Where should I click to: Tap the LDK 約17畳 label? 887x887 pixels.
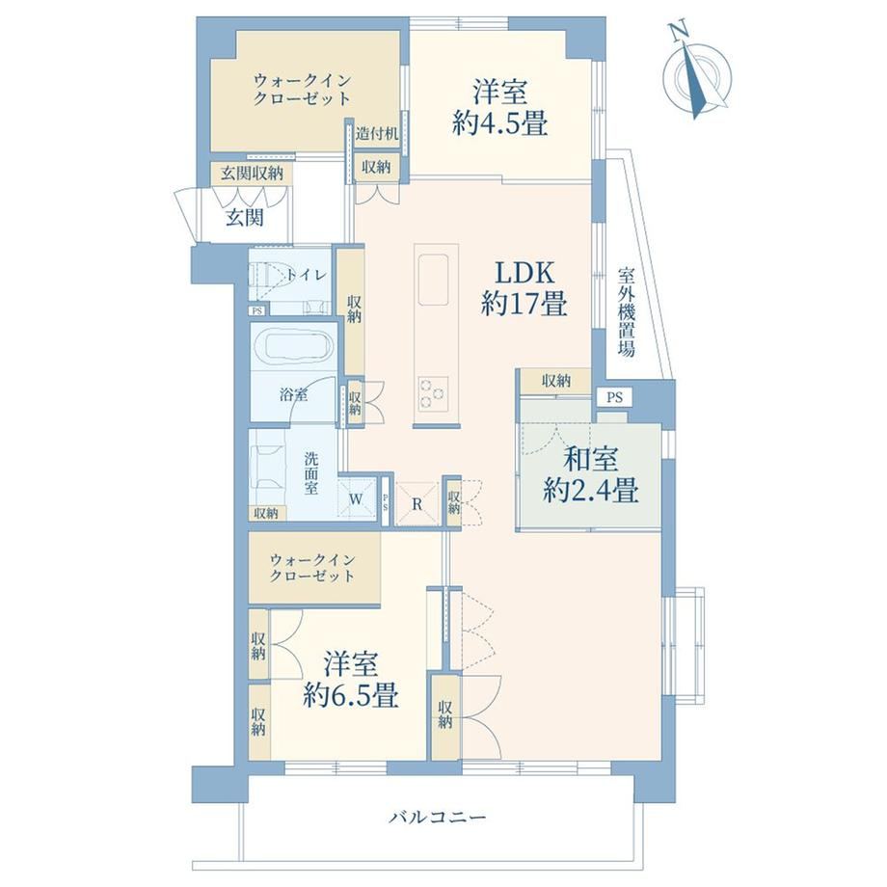coord(524,289)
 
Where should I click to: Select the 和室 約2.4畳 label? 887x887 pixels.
coord(591,475)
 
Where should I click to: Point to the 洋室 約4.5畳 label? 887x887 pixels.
coord(500,108)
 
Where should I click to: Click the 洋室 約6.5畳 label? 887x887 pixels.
coord(351,680)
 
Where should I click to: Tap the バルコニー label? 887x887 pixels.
coord(438,818)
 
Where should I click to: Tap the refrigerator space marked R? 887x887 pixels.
coord(417,504)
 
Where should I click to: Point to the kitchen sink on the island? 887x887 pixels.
coord(433,279)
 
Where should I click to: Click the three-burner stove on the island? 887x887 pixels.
coord(433,393)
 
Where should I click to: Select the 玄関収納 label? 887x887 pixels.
coord(252,174)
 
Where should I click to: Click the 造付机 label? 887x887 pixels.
coord(377,134)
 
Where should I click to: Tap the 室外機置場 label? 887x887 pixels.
coord(626,311)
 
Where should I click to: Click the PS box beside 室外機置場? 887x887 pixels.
coord(615,397)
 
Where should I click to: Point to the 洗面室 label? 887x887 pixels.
coord(310,473)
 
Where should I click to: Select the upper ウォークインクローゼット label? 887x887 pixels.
coord(303,89)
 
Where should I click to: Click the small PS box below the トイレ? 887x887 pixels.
coord(256,310)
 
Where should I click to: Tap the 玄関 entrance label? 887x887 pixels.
coord(245,217)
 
